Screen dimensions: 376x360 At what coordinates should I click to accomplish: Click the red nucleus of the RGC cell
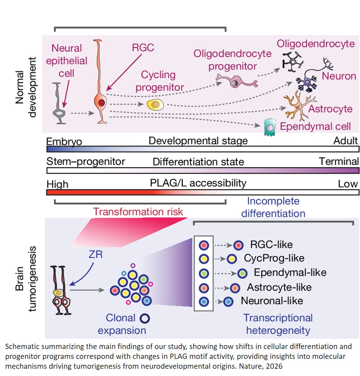tap(101, 103)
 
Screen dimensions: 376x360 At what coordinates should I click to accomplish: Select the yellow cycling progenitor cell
tap(155, 105)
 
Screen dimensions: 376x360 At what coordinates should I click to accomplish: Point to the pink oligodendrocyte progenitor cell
tap(236, 81)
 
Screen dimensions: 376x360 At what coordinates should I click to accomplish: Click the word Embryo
tap(64, 141)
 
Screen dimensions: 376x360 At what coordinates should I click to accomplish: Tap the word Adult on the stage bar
tap(345, 141)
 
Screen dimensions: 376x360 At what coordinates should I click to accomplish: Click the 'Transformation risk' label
tap(138, 212)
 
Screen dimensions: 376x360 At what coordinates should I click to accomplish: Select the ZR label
tap(96, 254)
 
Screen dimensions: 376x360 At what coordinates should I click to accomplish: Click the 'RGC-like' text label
tap(271, 244)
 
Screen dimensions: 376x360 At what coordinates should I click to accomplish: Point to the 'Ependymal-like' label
tap(290, 272)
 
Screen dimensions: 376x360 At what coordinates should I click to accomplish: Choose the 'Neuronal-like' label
tap(272, 301)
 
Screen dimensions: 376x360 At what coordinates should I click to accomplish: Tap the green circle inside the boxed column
tap(204, 273)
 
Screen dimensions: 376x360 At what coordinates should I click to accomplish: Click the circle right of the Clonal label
tap(145, 318)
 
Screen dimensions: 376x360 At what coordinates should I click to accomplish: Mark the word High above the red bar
tap(57, 184)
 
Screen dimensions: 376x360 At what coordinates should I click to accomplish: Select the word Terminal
tap(339, 162)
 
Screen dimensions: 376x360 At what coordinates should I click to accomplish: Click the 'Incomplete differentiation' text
tap(273, 207)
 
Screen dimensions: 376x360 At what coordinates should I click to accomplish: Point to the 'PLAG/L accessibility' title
tap(198, 183)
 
